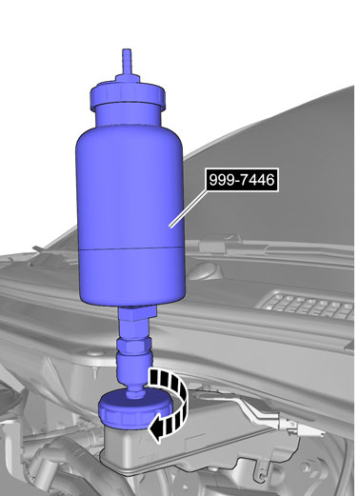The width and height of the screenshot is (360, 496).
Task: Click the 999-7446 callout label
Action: coord(243,180)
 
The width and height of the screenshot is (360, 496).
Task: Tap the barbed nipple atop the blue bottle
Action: coord(127,62)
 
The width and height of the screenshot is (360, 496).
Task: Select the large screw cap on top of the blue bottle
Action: coord(128,95)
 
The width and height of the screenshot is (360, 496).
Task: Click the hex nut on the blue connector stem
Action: coord(133,345)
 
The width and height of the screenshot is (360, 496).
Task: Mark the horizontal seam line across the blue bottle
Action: coord(130,248)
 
